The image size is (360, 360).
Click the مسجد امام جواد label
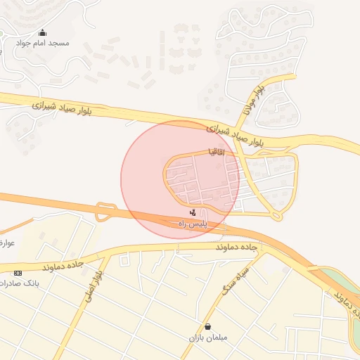tap(42, 43)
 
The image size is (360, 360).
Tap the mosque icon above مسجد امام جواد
tap(42, 32)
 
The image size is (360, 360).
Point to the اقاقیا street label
tap(214, 151)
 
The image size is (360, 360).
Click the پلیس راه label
tap(193, 222)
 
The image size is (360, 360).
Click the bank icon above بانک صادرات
tap(18, 273)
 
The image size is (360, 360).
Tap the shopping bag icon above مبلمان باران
tap(207, 327)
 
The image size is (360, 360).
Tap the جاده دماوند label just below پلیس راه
tap(236, 247)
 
